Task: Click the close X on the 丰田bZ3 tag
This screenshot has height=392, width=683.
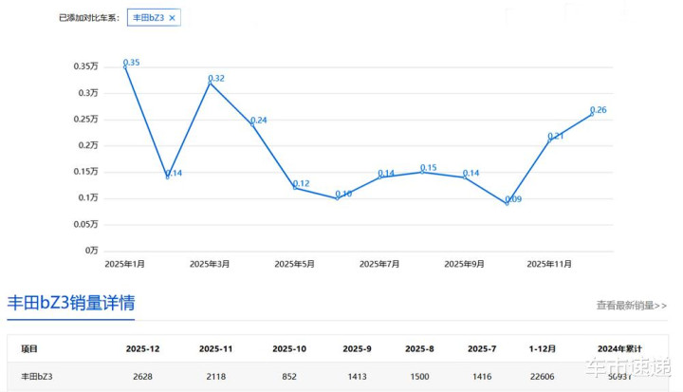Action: [x=172, y=18]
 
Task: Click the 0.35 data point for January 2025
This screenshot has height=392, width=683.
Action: [x=125, y=65]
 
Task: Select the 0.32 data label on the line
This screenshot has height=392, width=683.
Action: [x=216, y=78]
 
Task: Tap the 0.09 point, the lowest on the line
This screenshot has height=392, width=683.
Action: [x=507, y=203]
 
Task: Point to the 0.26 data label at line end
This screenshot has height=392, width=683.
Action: [x=599, y=110]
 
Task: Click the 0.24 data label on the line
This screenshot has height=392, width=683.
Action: [x=258, y=121]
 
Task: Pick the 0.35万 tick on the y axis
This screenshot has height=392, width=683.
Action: [x=85, y=66]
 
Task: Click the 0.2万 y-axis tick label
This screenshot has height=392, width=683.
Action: [x=88, y=145]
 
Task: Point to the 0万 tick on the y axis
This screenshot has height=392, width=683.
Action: [x=92, y=250]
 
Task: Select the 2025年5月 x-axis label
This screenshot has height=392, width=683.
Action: [x=294, y=264]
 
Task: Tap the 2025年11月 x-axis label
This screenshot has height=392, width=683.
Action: [x=549, y=264]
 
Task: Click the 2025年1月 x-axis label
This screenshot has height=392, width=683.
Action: [x=125, y=264]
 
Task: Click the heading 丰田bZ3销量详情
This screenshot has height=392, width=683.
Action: [x=71, y=304]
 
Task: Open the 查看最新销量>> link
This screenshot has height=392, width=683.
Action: [x=632, y=306]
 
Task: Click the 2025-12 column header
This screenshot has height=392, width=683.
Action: [x=141, y=349]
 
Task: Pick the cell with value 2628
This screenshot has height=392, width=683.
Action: [x=141, y=377]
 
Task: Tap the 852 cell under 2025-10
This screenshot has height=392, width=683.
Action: [x=289, y=377]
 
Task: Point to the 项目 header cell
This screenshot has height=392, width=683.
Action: [x=29, y=349]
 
